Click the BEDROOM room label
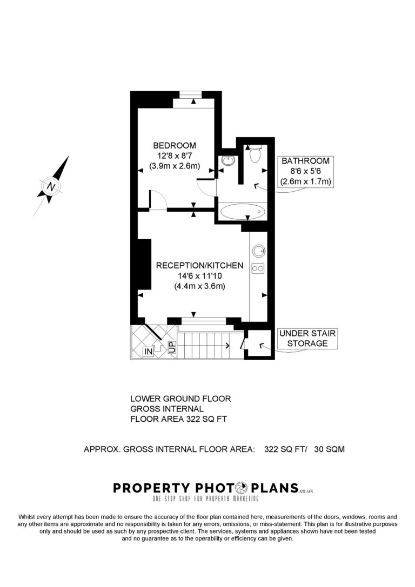coord(175,145)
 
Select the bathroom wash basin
coord(228,160)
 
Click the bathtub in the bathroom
coord(243,212)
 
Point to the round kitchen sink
coord(258,251)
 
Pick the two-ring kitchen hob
coord(258,268)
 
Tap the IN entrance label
coord(149,351)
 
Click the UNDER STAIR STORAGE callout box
coord(307,339)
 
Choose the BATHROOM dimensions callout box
coord(305,172)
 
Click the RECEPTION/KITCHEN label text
coord(199,266)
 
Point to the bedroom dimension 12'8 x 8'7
coord(175,156)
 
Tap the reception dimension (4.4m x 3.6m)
coord(199,286)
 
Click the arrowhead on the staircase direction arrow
coord(227,345)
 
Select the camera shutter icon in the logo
coord(241,488)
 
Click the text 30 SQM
coord(329,449)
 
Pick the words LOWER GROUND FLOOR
coord(180,399)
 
